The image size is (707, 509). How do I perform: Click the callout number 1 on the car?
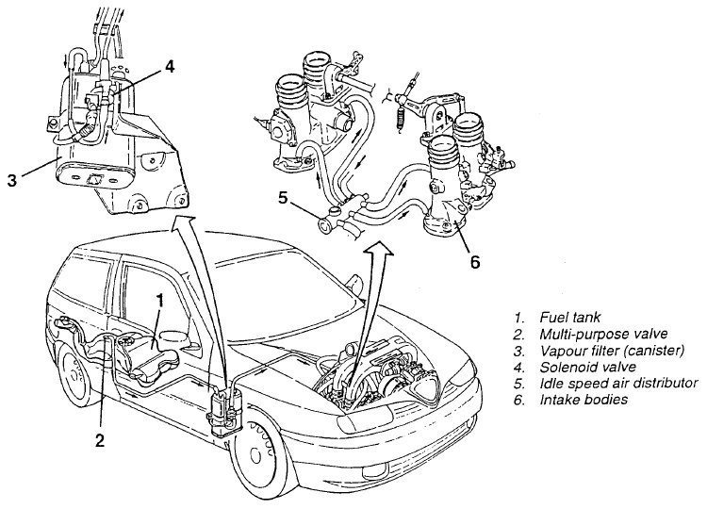(x=161, y=301)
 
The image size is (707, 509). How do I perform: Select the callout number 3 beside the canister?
(x=12, y=178)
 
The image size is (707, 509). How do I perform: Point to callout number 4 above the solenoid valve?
(x=169, y=66)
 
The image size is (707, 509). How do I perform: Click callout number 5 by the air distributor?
(x=281, y=198)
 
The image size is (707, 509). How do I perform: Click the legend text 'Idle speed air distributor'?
(x=617, y=383)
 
